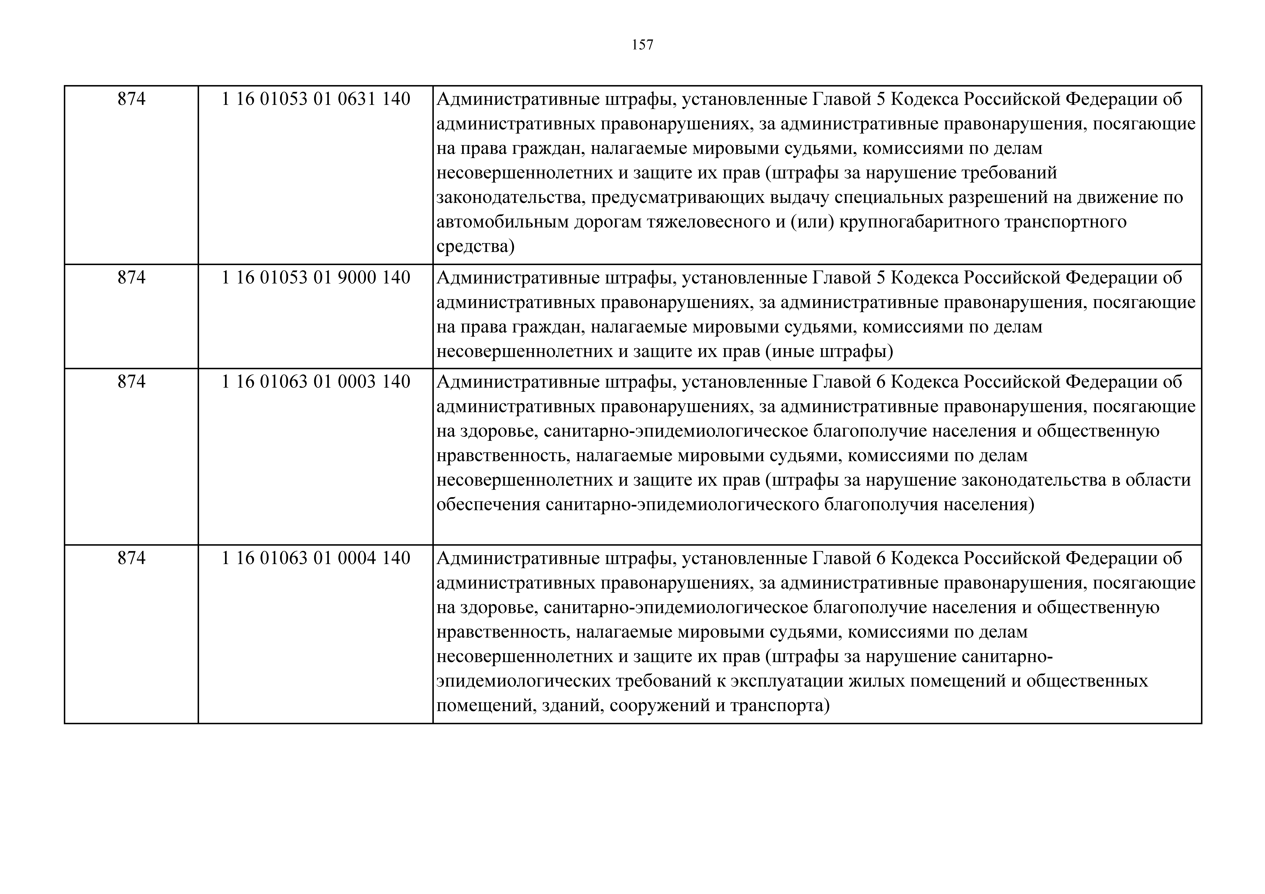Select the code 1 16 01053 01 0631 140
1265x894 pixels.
316,99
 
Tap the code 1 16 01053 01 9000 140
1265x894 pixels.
316,278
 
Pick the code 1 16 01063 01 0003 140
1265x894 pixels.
316,382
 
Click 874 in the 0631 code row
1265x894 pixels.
132,99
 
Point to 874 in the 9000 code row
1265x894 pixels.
132,278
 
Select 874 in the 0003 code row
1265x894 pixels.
132,382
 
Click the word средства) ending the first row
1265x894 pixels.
475,246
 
